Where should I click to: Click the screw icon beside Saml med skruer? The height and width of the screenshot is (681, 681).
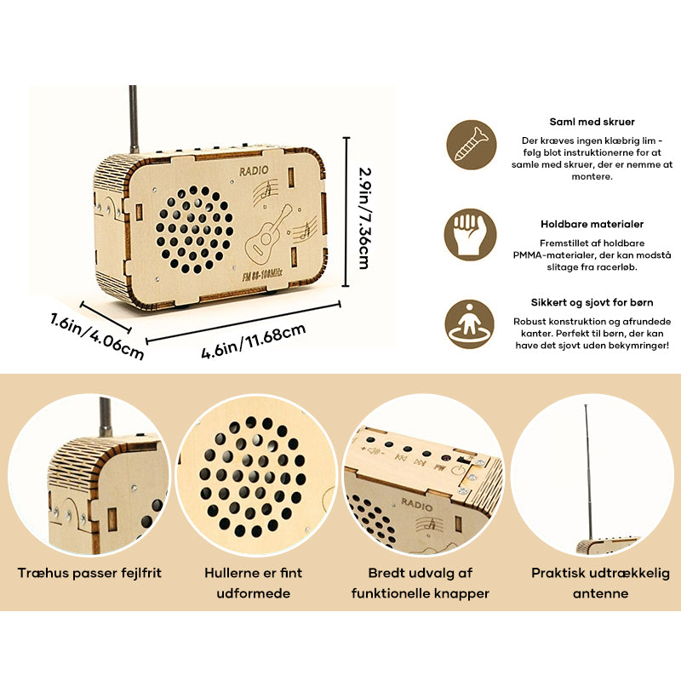[x=471, y=144]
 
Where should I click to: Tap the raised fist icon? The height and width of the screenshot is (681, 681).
[x=471, y=234]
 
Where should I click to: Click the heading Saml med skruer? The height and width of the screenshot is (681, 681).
[x=592, y=122]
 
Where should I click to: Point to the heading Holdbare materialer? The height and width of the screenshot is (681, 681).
[x=592, y=225]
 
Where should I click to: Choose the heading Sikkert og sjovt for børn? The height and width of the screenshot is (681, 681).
[x=592, y=301]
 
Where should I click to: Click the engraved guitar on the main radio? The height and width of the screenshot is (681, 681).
[x=269, y=231]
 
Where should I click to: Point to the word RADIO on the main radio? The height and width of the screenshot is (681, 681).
[x=254, y=171]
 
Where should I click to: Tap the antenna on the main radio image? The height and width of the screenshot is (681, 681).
[x=134, y=119]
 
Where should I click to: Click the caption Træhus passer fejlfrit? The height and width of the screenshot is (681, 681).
[x=89, y=573]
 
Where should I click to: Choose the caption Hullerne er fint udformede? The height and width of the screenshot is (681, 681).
[x=254, y=582]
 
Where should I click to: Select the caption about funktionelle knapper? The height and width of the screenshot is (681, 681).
[x=420, y=582]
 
